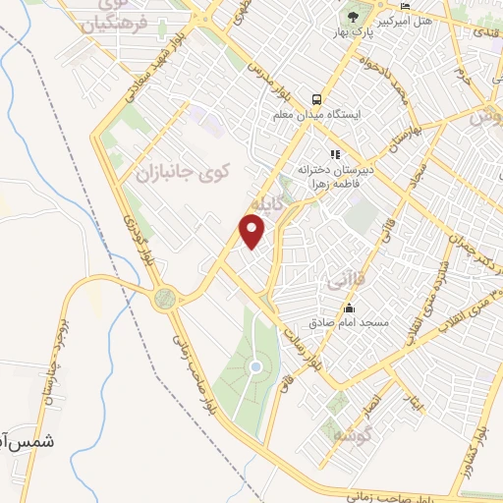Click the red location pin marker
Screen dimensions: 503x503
pos(253,231)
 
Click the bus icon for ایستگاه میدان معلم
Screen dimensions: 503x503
pos(317,99)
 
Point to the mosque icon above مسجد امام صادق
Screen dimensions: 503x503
pos(349,308)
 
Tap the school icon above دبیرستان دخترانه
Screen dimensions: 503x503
pos(335,153)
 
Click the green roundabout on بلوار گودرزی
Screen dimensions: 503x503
pos(164,298)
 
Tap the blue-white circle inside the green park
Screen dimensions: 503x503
pos(255,367)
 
